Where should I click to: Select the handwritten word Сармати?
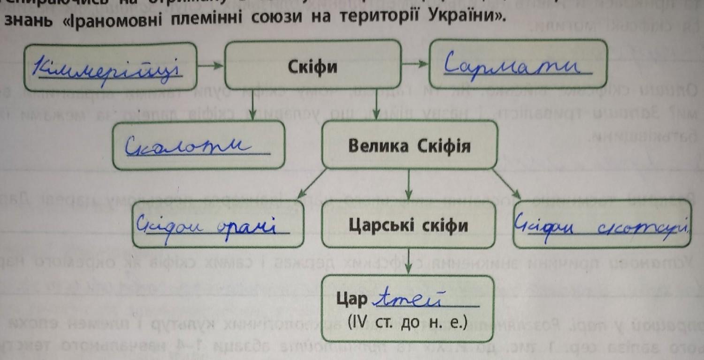tap(516, 65)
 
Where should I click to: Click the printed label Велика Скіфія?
tap(409, 146)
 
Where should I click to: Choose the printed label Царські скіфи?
tap(408, 226)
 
